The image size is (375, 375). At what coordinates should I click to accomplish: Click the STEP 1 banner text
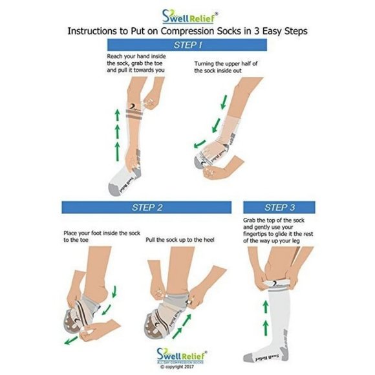click(x=188, y=45)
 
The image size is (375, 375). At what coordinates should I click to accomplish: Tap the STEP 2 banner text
click(x=147, y=208)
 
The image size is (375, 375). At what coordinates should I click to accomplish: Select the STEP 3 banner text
click(x=279, y=208)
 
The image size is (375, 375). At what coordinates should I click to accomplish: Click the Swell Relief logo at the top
click(x=190, y=17)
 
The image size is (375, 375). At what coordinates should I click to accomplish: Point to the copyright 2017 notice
click(x=177, y=367)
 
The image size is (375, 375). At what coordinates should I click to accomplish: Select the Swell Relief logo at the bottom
click(x=181, y=356)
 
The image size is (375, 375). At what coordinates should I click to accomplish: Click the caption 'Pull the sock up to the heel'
click(x=180, y=240)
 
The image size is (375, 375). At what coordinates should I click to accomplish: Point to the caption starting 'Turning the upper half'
click(x=226, y=67)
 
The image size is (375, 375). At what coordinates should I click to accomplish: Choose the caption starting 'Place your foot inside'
click(x=102, y=237)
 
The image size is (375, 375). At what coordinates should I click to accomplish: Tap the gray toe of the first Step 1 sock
click(x=114, y=189)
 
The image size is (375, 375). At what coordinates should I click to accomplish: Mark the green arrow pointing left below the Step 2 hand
click(x=71, y=340)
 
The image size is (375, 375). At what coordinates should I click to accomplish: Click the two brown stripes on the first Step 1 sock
click(x=134, y=114)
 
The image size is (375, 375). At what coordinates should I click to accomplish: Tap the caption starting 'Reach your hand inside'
click(x=136, y=63)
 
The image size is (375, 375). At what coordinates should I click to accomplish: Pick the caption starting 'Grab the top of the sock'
click(x=278, y=230)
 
